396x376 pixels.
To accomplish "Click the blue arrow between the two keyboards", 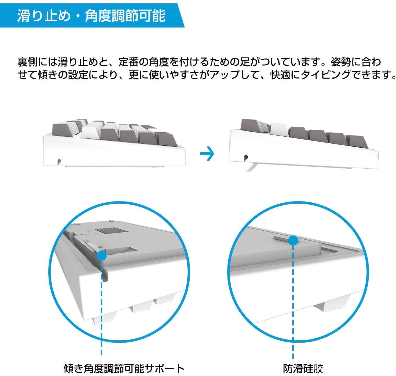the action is point(207,153).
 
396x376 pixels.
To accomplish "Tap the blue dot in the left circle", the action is point(101,256).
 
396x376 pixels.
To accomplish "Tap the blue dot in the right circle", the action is point(293,240).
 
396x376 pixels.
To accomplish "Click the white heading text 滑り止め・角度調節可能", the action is point(91,15).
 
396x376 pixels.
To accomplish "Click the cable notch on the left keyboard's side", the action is point(59,161).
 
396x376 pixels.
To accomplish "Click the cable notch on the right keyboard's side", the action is point(246,157).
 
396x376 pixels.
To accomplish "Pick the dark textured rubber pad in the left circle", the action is point(111,230).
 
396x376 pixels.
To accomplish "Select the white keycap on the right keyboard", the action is point(279,130).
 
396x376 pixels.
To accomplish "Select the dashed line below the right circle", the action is point(293,302).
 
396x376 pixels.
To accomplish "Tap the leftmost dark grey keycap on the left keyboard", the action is point(62,130).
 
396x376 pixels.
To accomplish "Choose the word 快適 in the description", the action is point(280,75).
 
